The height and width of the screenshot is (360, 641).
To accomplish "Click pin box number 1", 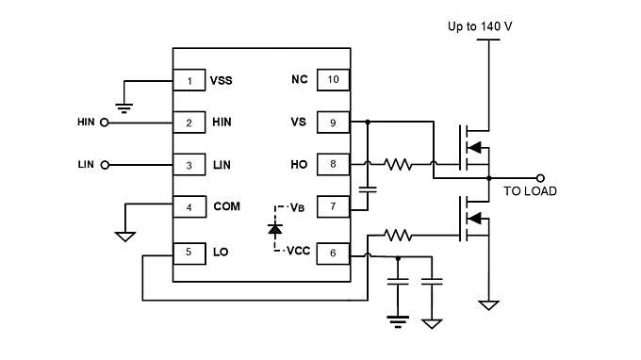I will coord(189,80).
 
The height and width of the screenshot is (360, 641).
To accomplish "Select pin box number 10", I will coord(333,80).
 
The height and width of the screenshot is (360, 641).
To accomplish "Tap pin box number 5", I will coord(189,252).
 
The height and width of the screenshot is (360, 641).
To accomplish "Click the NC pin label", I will coord(300,80).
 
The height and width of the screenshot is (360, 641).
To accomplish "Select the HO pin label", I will coord(300,165).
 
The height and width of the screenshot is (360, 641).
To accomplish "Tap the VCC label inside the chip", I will coord(298,252).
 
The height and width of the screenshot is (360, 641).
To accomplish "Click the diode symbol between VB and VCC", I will coord(274,229).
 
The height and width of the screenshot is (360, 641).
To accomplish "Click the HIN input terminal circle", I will coord(104,123).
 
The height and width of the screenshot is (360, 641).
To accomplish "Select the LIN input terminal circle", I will coord(104,165).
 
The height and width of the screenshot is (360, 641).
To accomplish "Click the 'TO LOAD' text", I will coord(529,191).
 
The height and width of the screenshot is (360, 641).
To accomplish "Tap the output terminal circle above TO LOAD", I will coord(540,176).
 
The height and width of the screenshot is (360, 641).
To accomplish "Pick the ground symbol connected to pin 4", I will coord(124,236).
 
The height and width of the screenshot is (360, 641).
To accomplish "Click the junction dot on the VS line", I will coord(368,122).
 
